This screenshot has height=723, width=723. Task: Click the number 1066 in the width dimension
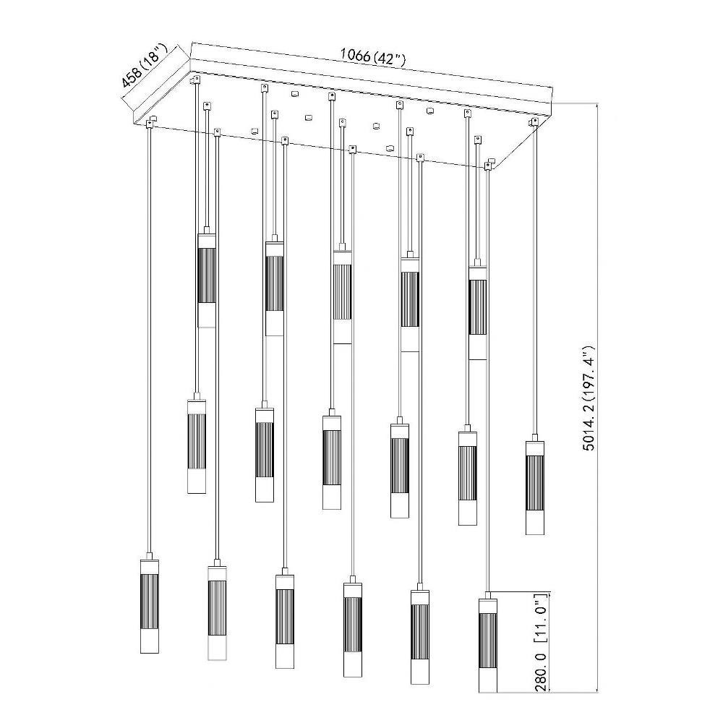[x=355, y=54]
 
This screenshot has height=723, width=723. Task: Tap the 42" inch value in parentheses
[x=389, y=59]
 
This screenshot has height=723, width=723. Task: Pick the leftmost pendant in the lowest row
[x=149, y=606]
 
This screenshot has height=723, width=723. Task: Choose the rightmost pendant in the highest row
[x=478, y=312]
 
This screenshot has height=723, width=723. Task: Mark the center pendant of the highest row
[x=342, y=296]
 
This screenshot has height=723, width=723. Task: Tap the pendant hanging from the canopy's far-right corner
[x=535, y=487]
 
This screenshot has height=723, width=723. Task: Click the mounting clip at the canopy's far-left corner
[x=150, y=124]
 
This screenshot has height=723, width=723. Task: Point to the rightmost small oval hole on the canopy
[x=430, y=110]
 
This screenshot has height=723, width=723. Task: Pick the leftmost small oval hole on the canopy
[x=253, y=130]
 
